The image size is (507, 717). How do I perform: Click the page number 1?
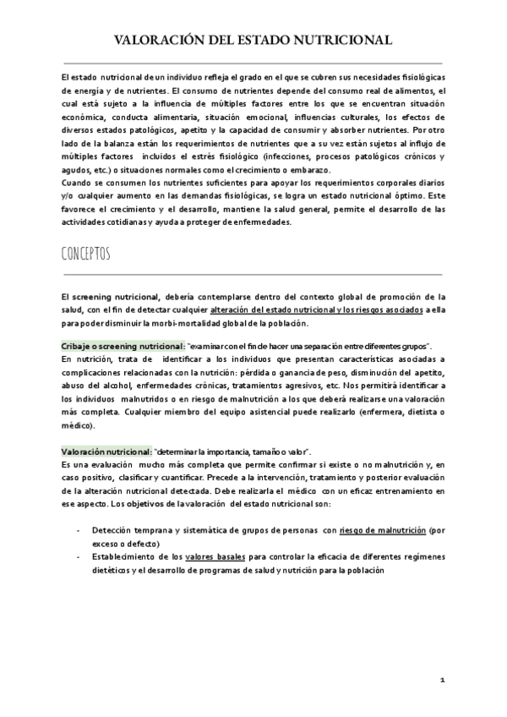point(443,681)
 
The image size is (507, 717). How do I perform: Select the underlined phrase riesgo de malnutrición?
point(382,530)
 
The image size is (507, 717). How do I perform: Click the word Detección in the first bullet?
point(113,530)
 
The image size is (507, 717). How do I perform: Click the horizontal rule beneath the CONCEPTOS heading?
point(253,274)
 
